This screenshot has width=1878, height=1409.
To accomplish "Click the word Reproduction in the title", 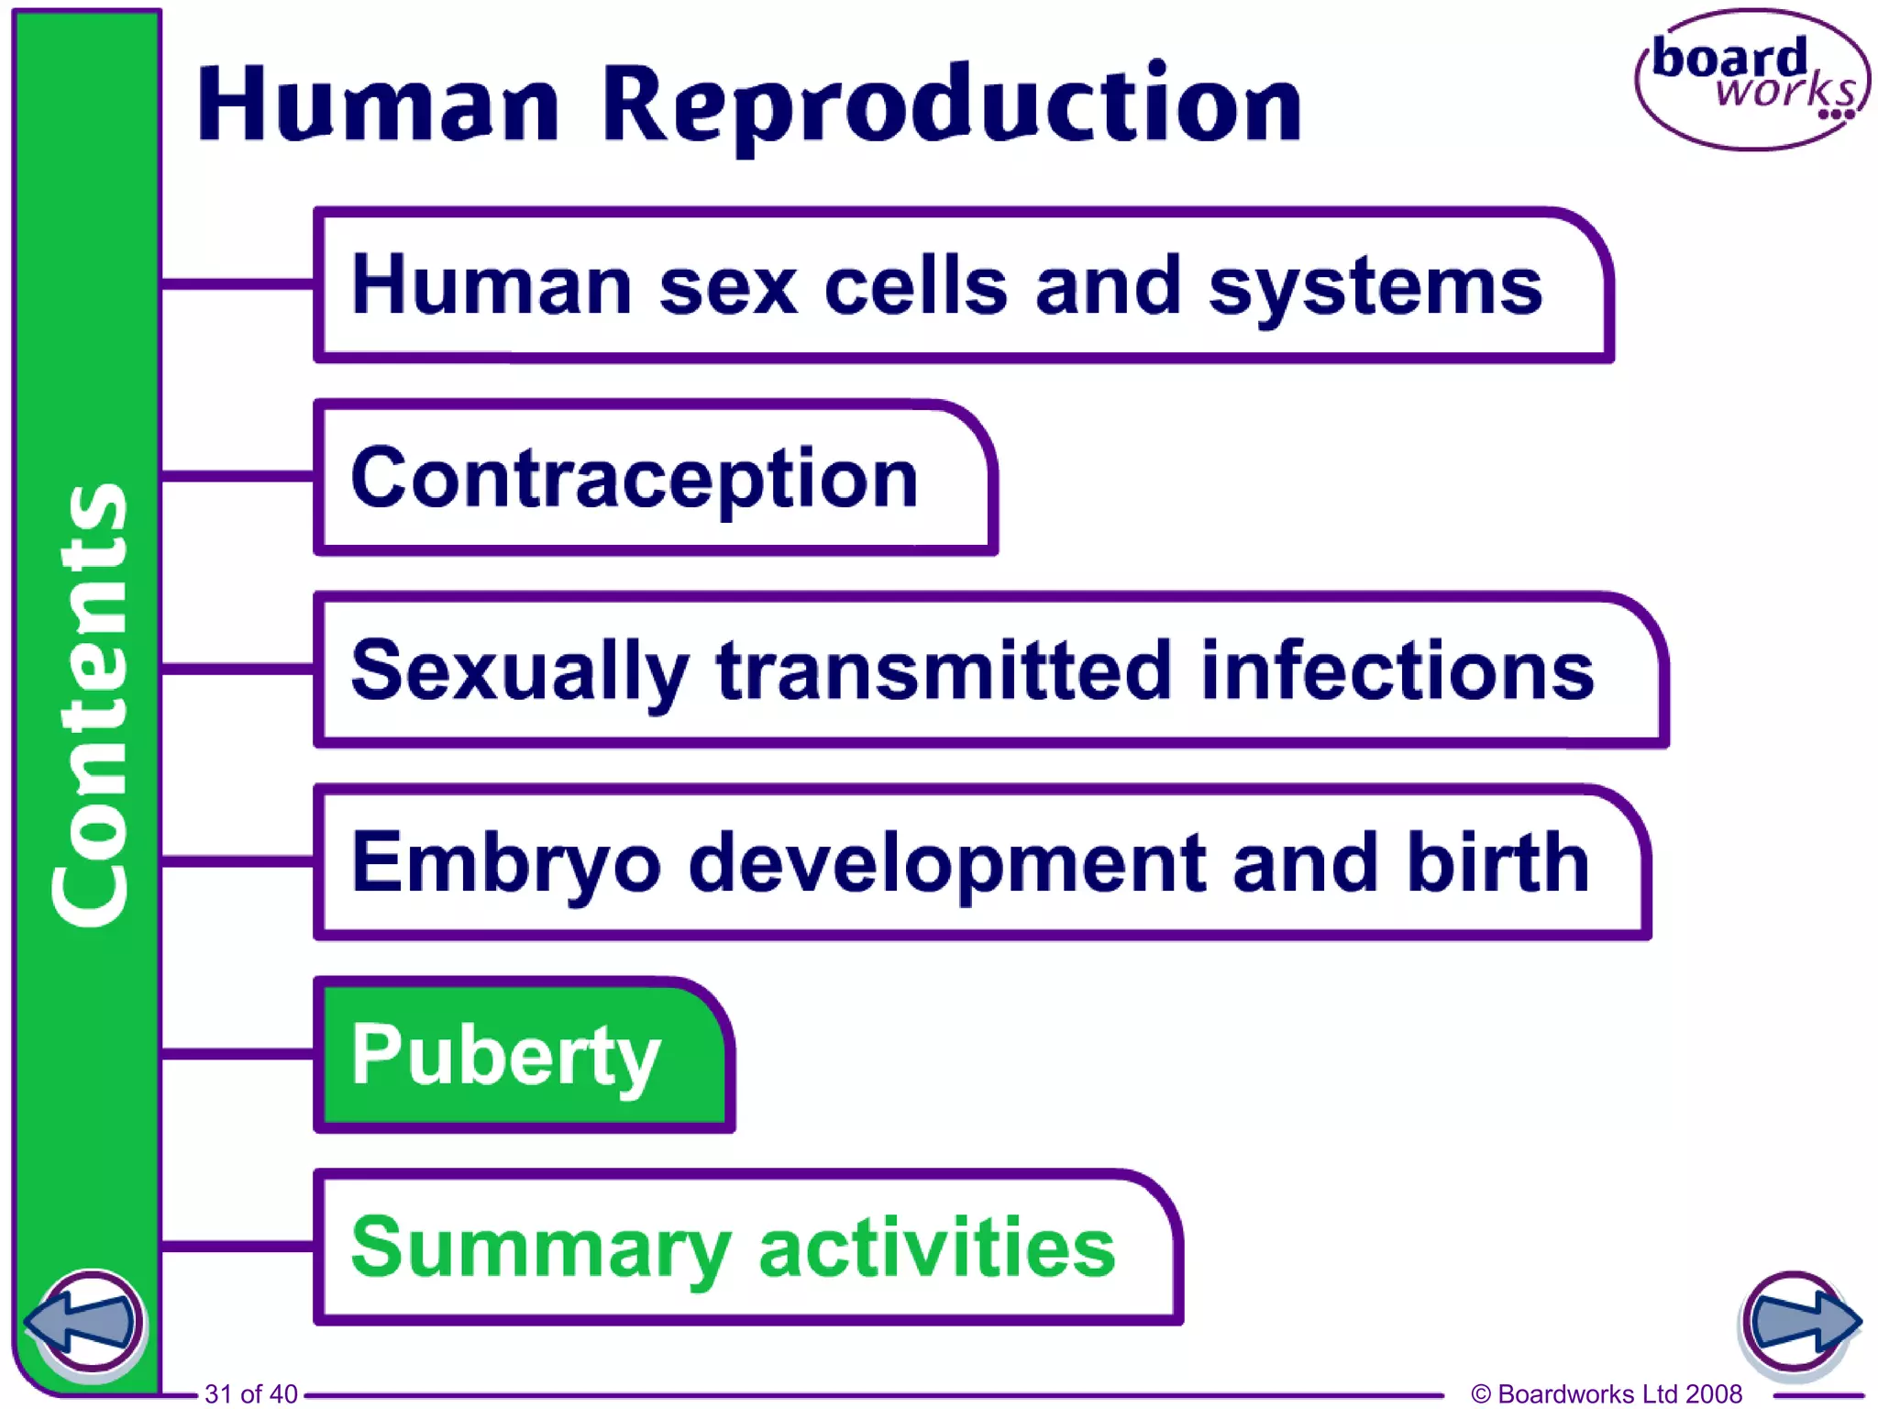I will coord(951,105).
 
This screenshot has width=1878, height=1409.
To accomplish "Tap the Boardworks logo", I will coord(1751,81).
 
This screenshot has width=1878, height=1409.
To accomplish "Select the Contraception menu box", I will coord(655,478).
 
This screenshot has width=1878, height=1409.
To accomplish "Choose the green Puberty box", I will coord(523,1055).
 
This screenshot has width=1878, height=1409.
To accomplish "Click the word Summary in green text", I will coord(541,1248).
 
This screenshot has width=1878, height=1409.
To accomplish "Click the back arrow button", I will coord(84,1322).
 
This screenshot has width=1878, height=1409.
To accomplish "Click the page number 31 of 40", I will coord(250,1394).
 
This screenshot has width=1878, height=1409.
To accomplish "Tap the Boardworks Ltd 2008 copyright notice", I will coord(1606,1394).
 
